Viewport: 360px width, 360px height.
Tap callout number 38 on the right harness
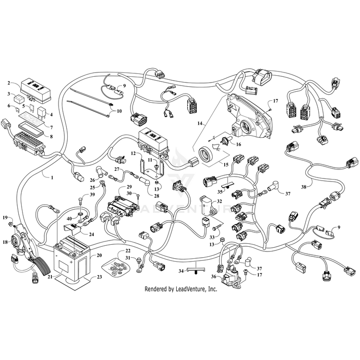click(303, 186)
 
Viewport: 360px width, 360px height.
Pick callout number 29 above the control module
click(129, 187)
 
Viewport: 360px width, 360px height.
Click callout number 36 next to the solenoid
click(214, 276)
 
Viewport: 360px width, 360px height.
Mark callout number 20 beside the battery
click(100, 255)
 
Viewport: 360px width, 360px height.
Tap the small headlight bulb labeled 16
click(224, 140)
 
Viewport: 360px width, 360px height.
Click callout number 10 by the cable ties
click(120, 111)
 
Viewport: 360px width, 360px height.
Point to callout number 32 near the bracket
click(219, 202)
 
